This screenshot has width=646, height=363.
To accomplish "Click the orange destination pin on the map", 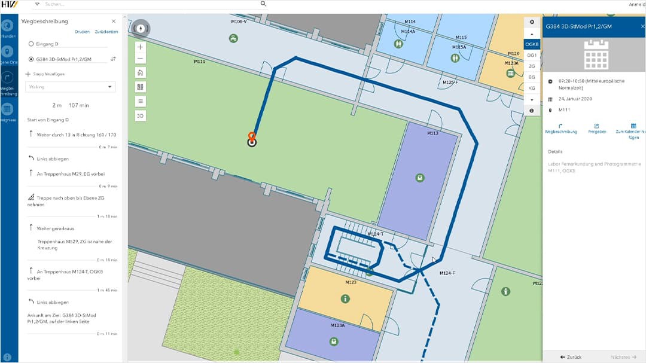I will click(x=252, y=137).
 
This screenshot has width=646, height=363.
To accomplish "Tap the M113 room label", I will click(x=432, y=133).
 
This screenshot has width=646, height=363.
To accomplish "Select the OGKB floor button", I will click(x=531, y=44).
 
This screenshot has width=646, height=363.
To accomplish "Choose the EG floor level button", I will click(x=531, y=77).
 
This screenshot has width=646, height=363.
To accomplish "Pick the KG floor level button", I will click(x=531, y=88).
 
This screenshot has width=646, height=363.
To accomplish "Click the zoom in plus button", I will click(x=141, y=47).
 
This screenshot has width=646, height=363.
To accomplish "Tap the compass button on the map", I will click(x=141, y=28).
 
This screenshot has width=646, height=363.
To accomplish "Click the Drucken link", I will click(x=82, y=31).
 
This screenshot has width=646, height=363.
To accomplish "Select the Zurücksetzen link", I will click(x=106, y=31).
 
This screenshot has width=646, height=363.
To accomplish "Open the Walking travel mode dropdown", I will click(x=71, y=87).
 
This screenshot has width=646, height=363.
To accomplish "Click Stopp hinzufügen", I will click(x=45, y=74).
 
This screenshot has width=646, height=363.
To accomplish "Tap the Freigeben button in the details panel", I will click(x=596, y=128).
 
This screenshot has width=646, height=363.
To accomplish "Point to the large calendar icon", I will click(x=596, y=55).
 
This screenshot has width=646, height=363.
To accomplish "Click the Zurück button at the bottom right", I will click(x=571, y=357).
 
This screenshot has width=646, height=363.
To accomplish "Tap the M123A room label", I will click(x=337, y=326).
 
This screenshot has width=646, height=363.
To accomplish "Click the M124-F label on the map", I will click(x=447, y=273).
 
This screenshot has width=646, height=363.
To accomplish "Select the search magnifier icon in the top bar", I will click(x=263, y=4).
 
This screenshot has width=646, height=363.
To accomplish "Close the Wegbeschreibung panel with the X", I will click(x=114, y=22).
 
